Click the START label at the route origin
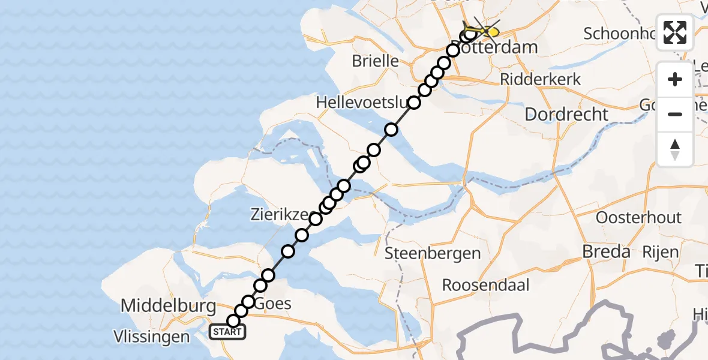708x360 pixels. pyautogui.click(x=227, y=332)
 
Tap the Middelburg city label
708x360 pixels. pyautogui.click(x=169, y=306)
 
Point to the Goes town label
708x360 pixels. pyautogui.click(x=273, y=304)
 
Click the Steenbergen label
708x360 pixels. pyautogui.click(x=433, y=253)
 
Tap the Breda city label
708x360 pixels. pyautogui.click(x=606, y=252)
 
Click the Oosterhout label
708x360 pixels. pyautogui.click(x=638, y=217)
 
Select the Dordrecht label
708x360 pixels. pyautogui.click(x=566, y=114)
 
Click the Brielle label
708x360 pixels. pyautogui.click(x=376, y=61)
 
